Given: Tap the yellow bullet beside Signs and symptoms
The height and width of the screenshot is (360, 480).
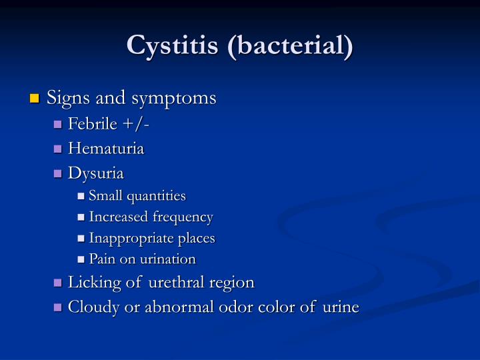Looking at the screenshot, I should coord(35,99).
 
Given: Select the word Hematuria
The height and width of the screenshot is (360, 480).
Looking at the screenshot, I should coord(107,149).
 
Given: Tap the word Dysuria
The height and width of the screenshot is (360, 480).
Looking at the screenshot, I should coord(97,173).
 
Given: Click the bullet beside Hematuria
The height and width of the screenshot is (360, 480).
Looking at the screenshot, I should coord(58,149).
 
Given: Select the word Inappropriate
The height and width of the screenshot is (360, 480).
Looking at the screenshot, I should coord(124,238).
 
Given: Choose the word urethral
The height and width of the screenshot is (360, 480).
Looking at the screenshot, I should coord(176,282).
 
